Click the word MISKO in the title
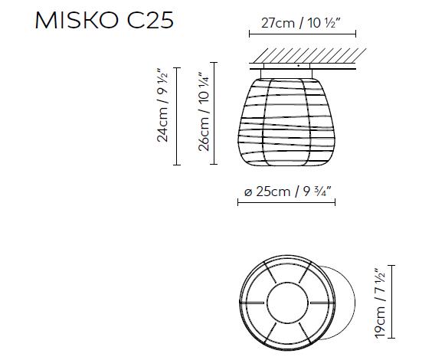(x=77, y=21)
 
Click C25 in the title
(x=150, y=21)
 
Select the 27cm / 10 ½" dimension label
(x=300, y=23)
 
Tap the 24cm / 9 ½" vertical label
(x=163, y=105)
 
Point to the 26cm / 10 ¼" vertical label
(x=205, y=112)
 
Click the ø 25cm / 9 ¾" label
(x=287, y=191)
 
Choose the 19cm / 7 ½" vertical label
(x=381, y=303)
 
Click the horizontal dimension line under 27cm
(x=303, y=34)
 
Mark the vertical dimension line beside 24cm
(x=177, y=116)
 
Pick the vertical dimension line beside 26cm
(x=214, y=113)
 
